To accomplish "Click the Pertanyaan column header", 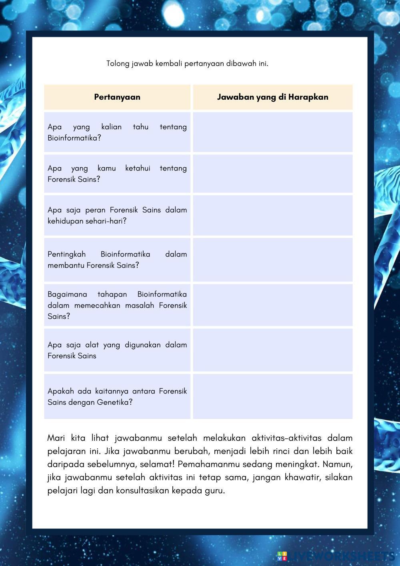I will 117,97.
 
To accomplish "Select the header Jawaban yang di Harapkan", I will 272,97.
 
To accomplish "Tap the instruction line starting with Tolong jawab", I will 187,63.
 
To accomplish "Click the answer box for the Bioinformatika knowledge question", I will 272,132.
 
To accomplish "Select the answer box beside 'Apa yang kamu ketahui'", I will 272,174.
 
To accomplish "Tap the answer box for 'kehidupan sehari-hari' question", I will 272,215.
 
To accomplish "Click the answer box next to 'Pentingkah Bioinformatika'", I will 272,260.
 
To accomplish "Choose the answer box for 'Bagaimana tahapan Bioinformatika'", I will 272,305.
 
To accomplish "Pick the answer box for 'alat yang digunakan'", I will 272,350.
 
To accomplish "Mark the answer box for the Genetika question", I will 272,396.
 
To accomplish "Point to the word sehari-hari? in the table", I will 106,221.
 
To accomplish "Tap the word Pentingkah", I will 66,254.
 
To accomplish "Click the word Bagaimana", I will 67,294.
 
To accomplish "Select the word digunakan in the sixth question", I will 143,345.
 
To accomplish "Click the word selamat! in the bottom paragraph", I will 159,464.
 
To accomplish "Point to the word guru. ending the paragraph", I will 215,491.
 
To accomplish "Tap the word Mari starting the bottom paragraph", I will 56,438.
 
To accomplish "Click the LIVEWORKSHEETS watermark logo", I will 336,556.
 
